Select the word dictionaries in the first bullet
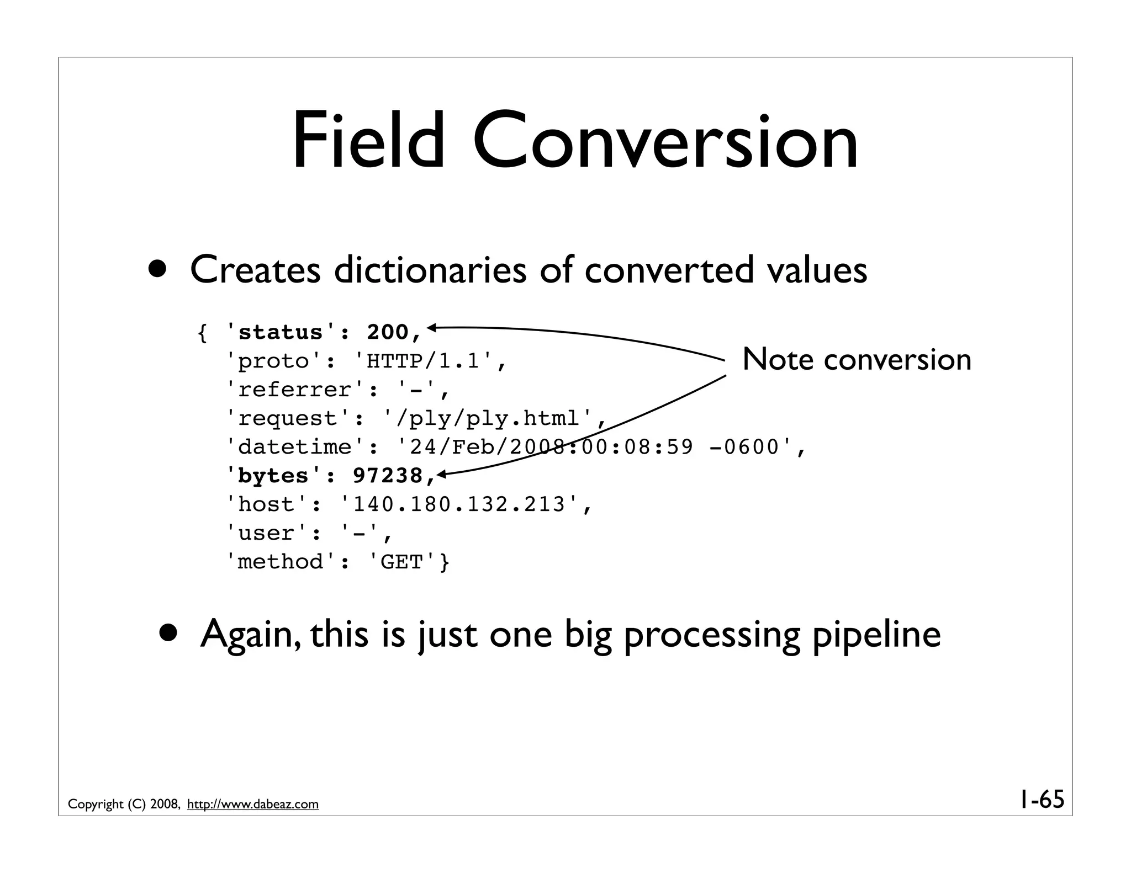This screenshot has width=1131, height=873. coord(430,270)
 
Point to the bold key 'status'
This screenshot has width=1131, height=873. coord(281,332)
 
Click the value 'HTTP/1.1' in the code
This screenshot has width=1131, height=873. coord(422,361)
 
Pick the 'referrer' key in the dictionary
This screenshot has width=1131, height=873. coord(295,390)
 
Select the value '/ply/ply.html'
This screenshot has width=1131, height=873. coord(488,418)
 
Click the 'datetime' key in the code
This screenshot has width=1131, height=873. coord(295,447)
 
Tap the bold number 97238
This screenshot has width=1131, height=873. coord(387,476)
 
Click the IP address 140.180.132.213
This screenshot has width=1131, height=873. coord(459,504)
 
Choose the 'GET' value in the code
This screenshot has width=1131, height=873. coord(401,562)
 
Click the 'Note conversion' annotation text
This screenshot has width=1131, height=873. coord(857,359)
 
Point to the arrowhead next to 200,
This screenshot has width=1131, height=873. coord(432,328)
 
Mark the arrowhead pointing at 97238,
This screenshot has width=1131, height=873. coord(441,473)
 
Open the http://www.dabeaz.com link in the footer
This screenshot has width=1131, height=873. coord(253,805)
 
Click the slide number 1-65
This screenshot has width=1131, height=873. coord(1041,799)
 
